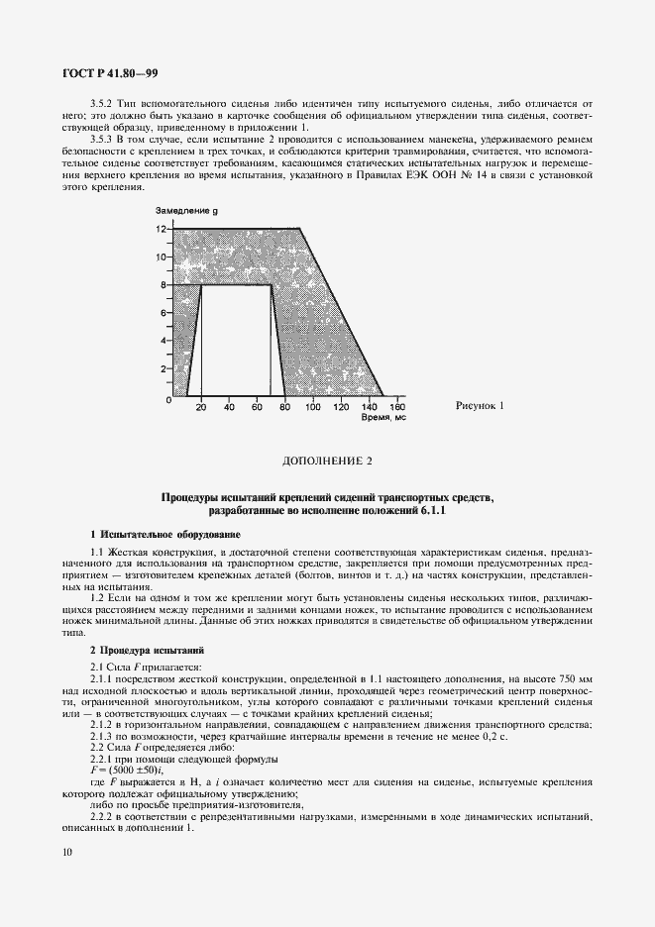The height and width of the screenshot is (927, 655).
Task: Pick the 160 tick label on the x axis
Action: click(397, 407)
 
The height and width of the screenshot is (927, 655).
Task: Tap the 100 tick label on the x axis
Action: click(313, 407)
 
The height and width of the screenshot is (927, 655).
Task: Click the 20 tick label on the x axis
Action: click(201, 407)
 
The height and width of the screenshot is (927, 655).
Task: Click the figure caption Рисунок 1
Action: click(481, 406)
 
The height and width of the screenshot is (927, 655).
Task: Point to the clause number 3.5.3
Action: click(102, 140)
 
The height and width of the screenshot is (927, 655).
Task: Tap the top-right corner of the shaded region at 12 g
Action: click(300, 229)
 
